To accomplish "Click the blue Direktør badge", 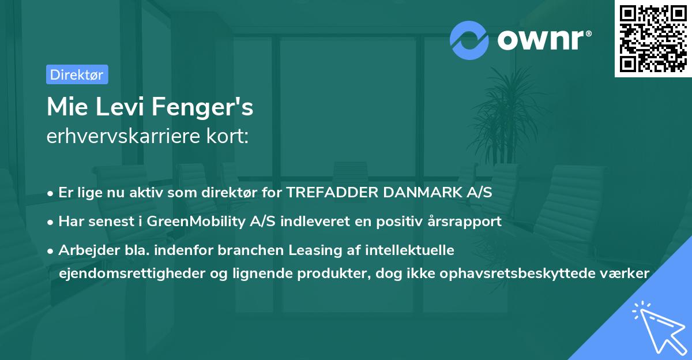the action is coord(77,74).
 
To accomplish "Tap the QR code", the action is coord(653,39).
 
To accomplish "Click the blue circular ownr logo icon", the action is coord(469,40).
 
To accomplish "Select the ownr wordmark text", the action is coord(544,40).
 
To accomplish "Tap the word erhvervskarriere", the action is coord(123,136).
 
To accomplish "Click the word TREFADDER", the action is coord(332,192).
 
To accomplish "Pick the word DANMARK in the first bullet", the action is coord(422,192).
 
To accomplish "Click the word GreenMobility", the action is coord(196,222).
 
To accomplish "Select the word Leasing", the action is coord(315,250).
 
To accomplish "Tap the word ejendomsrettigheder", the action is coord(132,273).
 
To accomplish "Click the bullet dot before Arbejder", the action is coord(50,251).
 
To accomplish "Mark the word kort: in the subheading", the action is coord(227,136).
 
